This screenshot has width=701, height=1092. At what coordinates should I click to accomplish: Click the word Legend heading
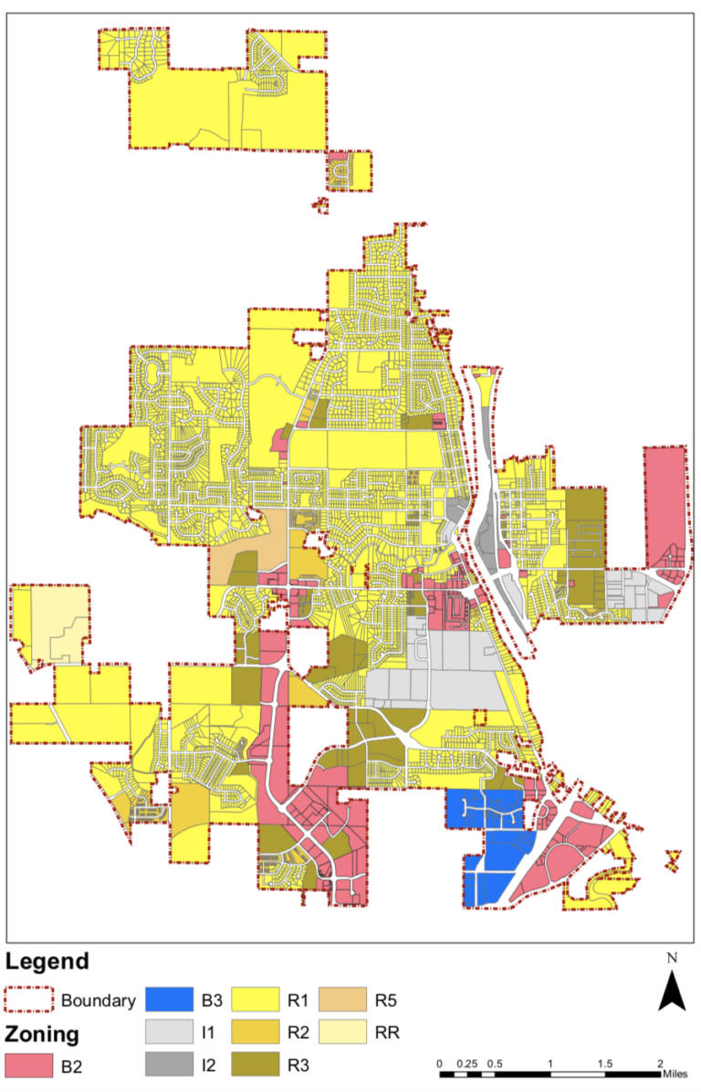point(47,961)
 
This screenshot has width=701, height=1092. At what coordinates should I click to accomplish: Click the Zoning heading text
point(42,1034)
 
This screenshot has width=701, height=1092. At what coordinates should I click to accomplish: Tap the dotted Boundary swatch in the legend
point(28,1001)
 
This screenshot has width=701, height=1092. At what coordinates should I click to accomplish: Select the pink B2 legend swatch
point(28,1064)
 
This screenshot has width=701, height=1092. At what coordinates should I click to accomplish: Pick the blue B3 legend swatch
point(170,1001)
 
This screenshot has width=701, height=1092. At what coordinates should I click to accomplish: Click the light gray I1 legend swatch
point(170,1033)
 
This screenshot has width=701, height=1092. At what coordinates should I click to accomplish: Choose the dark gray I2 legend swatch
point(170,1064)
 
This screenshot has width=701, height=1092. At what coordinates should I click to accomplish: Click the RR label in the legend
point(388,1033)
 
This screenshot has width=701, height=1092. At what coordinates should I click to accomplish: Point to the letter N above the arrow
point(672,959)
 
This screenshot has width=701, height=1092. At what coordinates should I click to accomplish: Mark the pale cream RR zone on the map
point(55,621)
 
